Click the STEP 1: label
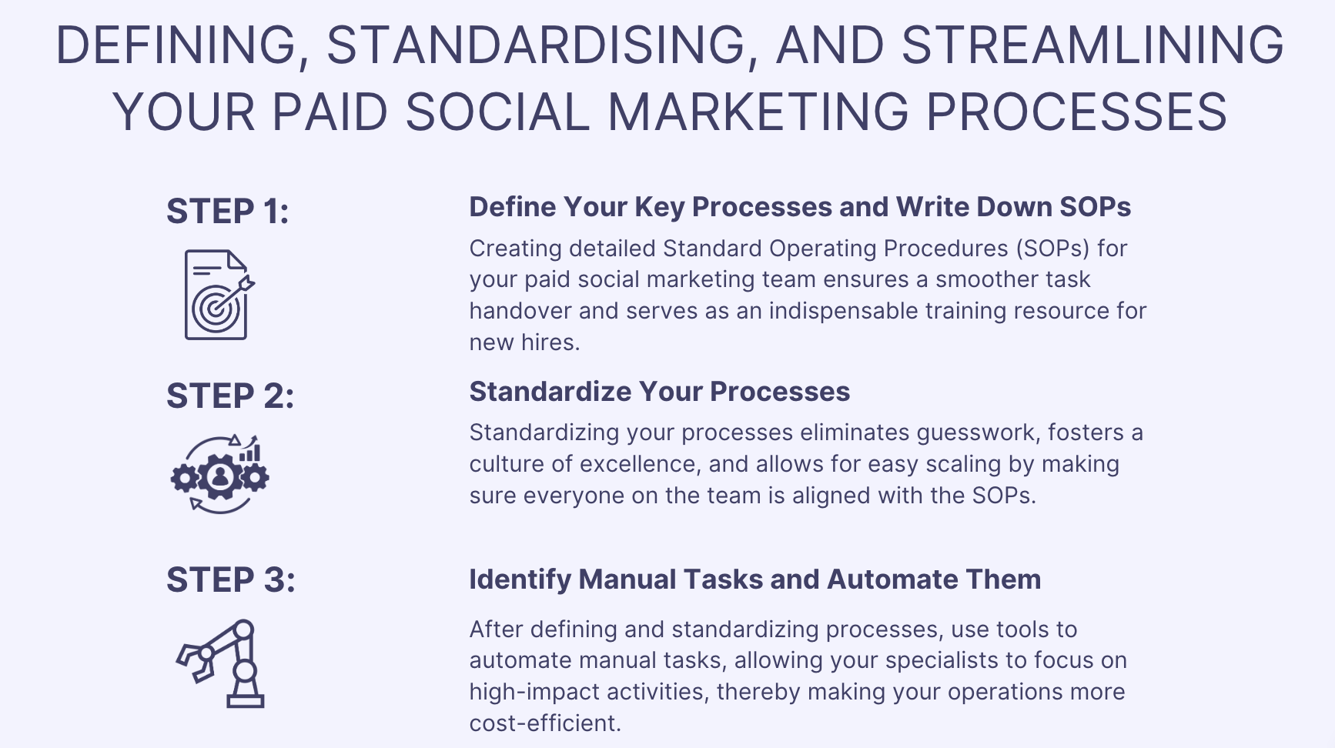tap(228, 212)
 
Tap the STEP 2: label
tap(230, 396)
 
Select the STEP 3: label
tap(231, 580)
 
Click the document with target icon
tap(219, 295)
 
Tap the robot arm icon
tap(221, 663)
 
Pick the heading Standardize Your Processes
tap(660, 392)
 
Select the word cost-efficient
tap(545, 723)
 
